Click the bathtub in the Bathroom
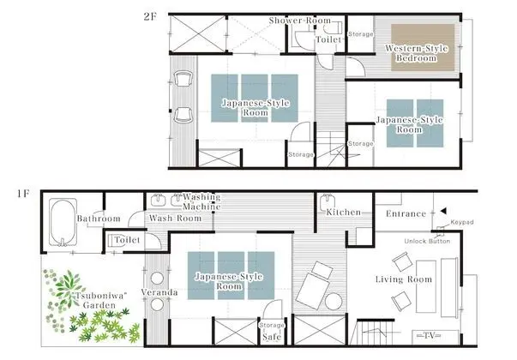click(x=63, y=223)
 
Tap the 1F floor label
click(x=23, y=194)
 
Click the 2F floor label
click(x=150, y=16)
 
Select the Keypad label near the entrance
click(x=462, y=222)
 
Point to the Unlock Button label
click(x=427, y=242)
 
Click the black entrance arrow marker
click(x=443, y=211)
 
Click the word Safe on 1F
click(x=272, y=337)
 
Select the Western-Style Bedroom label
click(x=417, y=53)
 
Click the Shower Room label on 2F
click(x=300, y=21)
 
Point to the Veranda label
click(x=159, y=292)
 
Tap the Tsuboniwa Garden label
click(x=99, y=300)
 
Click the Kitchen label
click(x=343, y=213)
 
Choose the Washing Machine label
click(x=201, y=201)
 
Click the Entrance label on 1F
click(x=406, y=213)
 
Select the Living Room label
click(x=404, y=279)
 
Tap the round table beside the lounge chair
click(x=334, y=302)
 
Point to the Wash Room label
click(x=175, y=219)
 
